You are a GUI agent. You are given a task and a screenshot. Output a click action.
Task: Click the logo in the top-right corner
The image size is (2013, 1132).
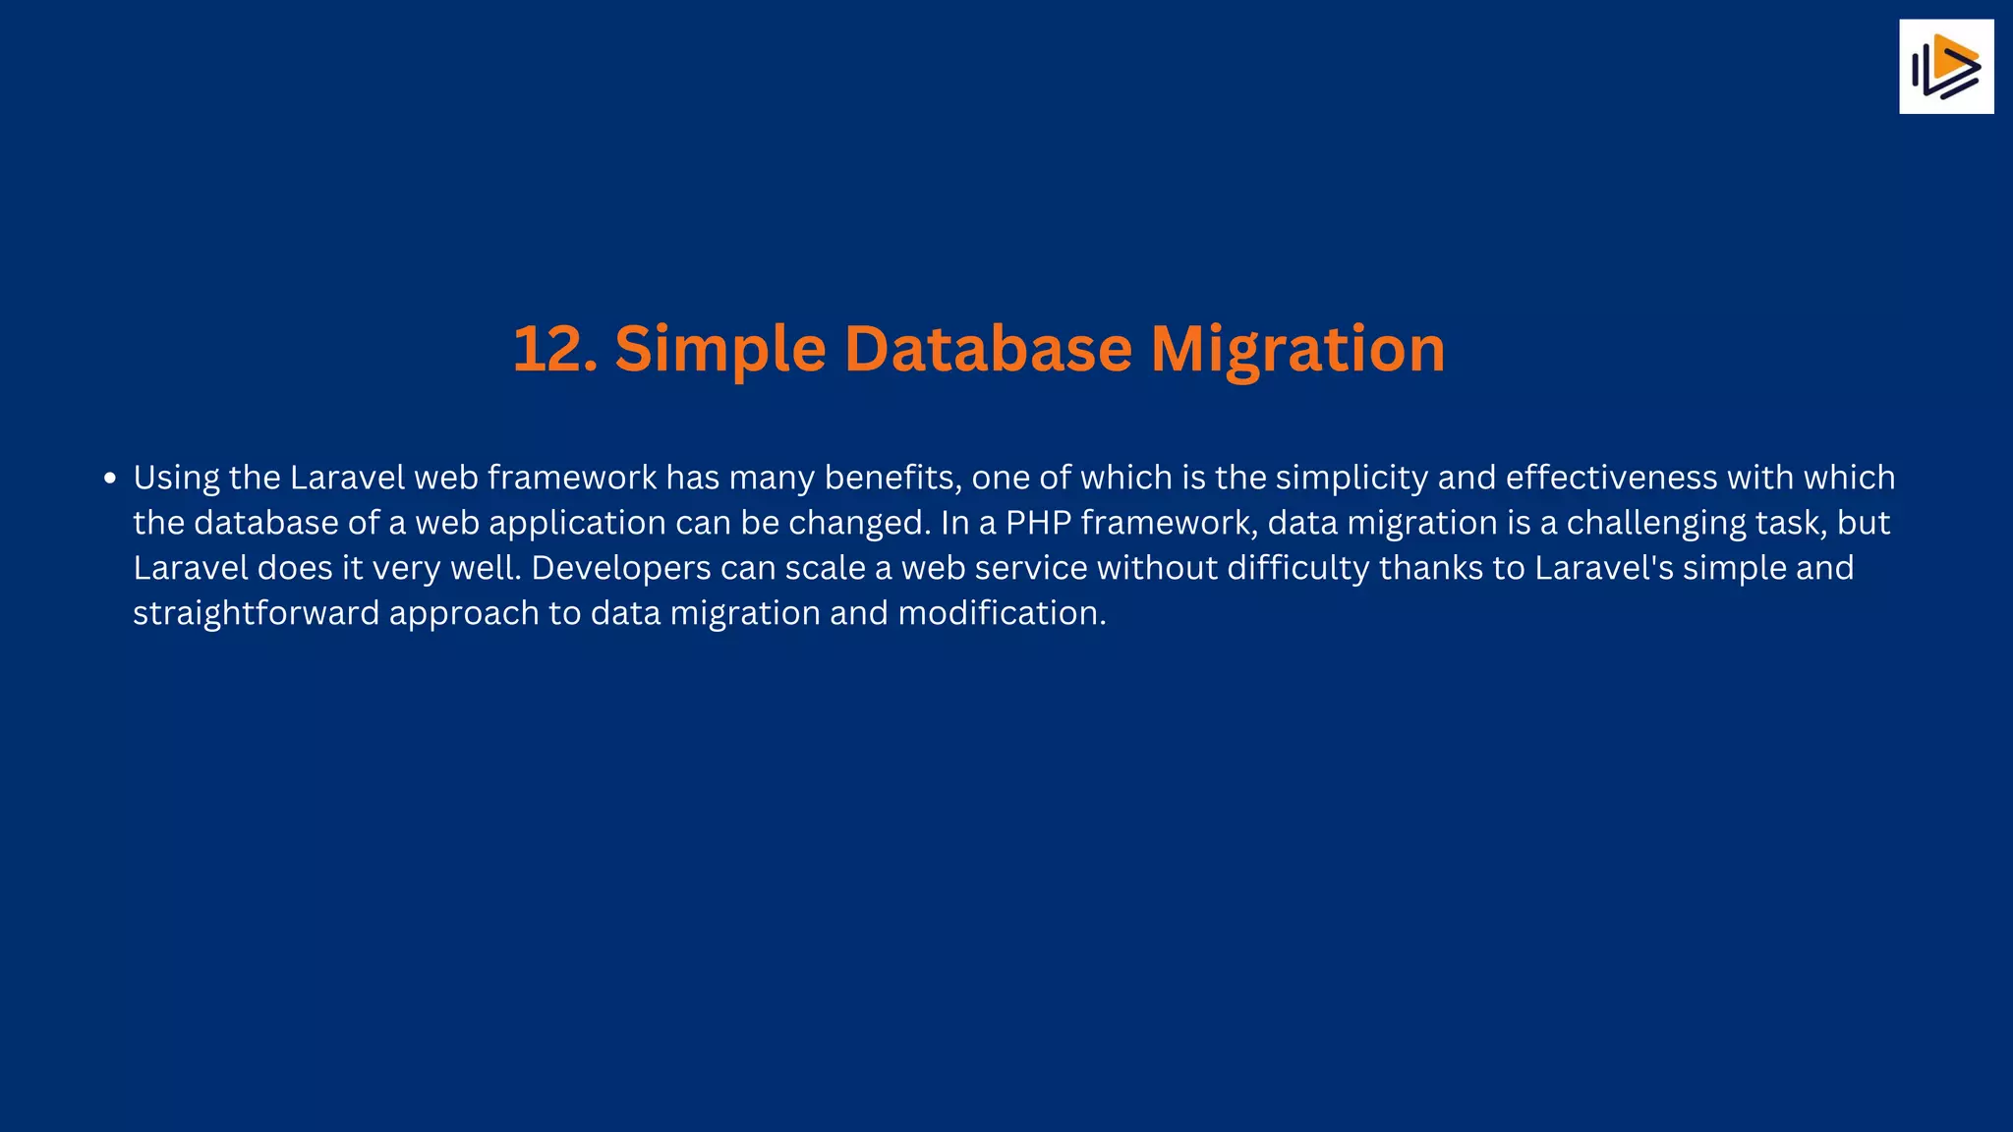point(1946,67)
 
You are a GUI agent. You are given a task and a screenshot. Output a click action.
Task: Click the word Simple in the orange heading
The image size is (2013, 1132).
point(719,351)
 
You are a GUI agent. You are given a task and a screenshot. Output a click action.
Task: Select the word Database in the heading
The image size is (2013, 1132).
point(988,349)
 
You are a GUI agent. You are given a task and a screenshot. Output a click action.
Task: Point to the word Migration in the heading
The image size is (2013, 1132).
point(1297,351)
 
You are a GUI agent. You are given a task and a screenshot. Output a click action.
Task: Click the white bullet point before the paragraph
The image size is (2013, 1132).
point(110,479)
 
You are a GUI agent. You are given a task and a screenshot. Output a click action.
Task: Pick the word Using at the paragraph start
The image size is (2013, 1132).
point(176,479)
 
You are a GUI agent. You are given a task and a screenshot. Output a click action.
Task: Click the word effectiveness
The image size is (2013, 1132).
point(1612,478)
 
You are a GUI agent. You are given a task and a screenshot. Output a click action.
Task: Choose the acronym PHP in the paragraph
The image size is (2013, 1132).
point(1038,523)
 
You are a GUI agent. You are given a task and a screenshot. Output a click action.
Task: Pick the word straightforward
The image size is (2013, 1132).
point(256,614)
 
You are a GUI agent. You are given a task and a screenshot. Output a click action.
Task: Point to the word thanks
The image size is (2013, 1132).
point(1430,568)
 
